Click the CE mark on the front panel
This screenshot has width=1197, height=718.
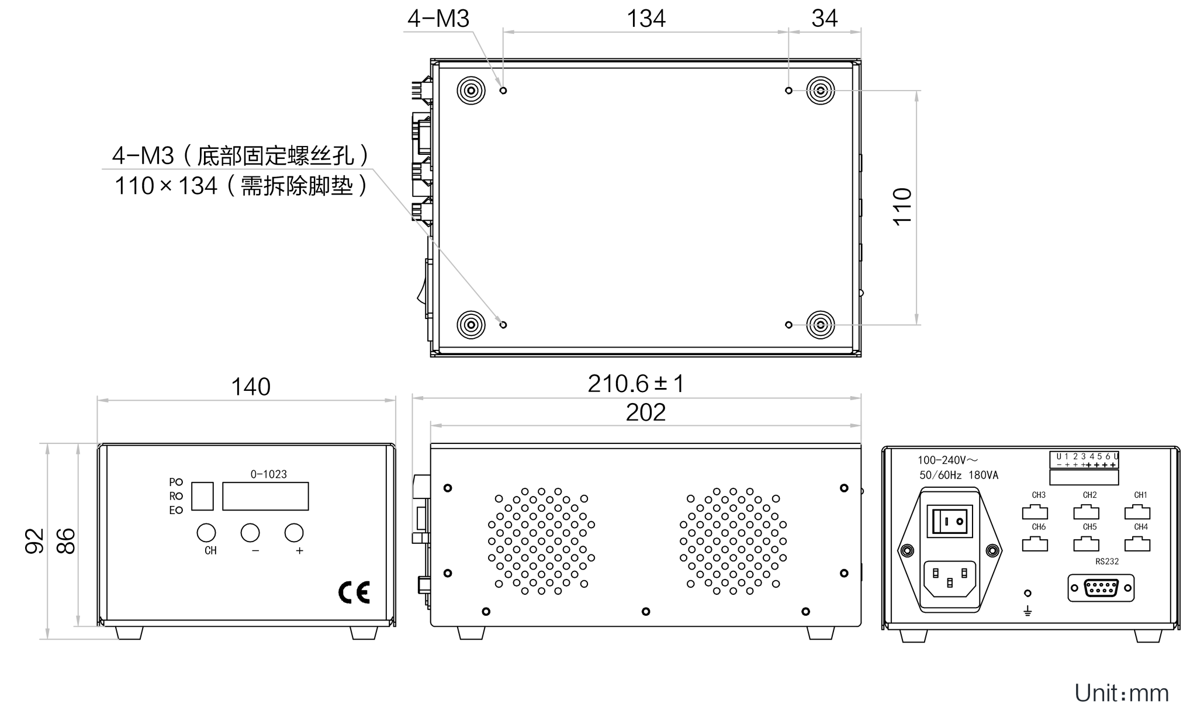[354, 592]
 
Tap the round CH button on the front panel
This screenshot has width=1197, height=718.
[206, 533]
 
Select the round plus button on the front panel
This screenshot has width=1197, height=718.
[294, 533]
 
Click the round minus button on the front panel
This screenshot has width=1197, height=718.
[250, 533]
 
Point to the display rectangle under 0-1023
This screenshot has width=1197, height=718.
[265, 496]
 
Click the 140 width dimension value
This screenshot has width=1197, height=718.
[251, 387]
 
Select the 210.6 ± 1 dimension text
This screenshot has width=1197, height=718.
[636, 384]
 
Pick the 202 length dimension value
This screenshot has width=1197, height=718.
[646, 412]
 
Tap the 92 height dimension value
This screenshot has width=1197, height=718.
[35, 540]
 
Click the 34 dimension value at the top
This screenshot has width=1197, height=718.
[825, 19]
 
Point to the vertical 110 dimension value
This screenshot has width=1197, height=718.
[902, 207]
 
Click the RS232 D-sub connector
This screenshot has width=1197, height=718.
[1101, 588]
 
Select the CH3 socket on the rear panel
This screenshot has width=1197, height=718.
[1035, 512]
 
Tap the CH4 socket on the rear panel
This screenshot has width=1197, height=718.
[1137, 544]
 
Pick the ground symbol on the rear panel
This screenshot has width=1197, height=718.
[1028, 611]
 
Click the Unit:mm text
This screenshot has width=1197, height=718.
[1122, 693]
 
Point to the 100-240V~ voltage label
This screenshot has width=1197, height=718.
[947, 460]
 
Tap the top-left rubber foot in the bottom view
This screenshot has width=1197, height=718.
[471, 91]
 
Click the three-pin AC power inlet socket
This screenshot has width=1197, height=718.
[950, 578]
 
